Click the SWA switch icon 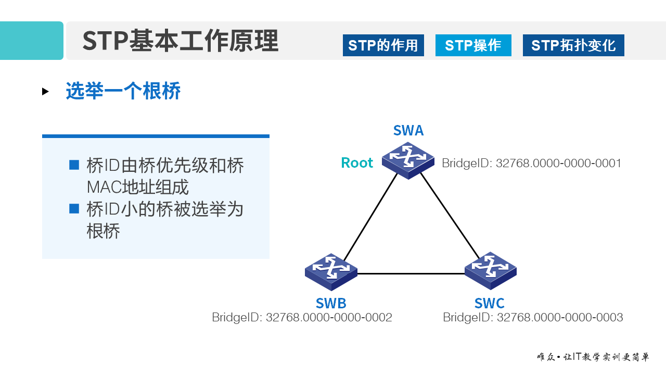tap(408, 160)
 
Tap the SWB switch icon tap(331, 271)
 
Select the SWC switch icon tap(490, 270)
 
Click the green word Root tap(357, 163)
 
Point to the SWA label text tap(408, 130)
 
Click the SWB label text tap(331, 303)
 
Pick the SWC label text tap(490, 303)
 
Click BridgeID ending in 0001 tap(531, 164)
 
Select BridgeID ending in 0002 tap(302, 317)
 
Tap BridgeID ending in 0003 tap(533, 317)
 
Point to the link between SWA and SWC tap(450, 216)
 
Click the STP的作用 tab tap(383, 45)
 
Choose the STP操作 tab tap(473, 45)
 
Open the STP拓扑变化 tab tap(573, 45)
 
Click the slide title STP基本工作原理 tap(180, 41)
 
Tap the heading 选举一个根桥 tap(123, 91)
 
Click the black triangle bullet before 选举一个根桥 tap(45, 92)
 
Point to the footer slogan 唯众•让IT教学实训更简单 tap(593, 357)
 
